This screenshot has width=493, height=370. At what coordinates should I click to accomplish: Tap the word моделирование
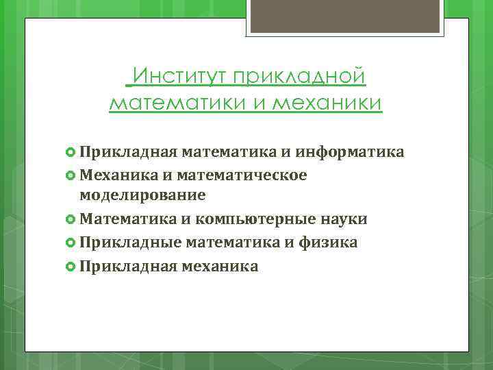pos(142,195)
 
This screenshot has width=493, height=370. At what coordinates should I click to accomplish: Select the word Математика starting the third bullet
pos(126,219)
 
